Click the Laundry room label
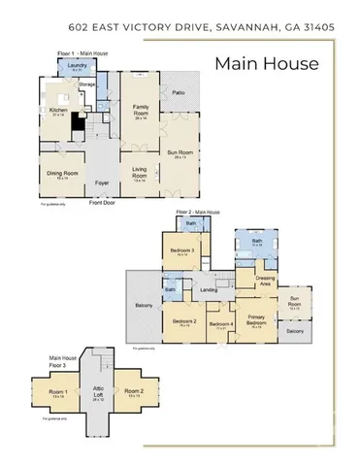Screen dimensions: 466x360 (75, 66)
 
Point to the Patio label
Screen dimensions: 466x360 (178, 93)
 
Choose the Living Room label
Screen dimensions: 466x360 (140, 173)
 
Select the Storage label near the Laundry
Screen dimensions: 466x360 (87, 84)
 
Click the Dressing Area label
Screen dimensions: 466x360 (264, 280)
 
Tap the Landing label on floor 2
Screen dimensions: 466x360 (208, 289)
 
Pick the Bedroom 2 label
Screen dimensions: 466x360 (184, 321)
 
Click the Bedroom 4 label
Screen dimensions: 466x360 (220, 324)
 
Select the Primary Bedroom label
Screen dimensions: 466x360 (256, 321)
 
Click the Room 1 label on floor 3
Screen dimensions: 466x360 (56, 392)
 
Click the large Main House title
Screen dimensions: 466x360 (266, 64)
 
